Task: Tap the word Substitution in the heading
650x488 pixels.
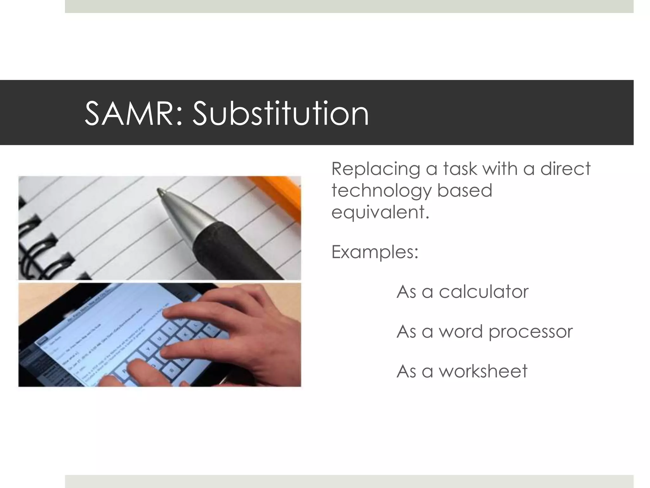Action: pyautogui.click(x=281, y=114)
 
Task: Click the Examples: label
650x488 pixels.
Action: pyautogui.click(x=375, y=252)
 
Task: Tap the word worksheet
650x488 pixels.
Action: pyautogui.click(x=483, y=371)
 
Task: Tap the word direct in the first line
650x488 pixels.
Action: pyautogui.click(x=565, y=169)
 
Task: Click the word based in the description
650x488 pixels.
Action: pyautogui.click(x=465, y=191)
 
